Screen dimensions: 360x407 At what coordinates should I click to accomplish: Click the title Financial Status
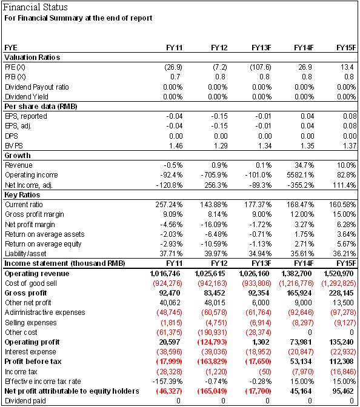click(x=35, y=7)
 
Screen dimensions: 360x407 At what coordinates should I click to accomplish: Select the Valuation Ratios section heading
click(x=32, y=58)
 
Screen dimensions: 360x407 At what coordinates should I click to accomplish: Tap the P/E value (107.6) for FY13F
click(x=261, y=67)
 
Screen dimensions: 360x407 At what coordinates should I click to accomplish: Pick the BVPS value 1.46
click(x=176, y=146)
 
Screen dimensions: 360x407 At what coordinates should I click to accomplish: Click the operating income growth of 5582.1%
click(x=300, y=175)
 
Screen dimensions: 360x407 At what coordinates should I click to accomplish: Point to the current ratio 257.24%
click(x=169, y=205)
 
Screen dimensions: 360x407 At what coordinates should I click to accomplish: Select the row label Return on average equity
click(x=43, y=244)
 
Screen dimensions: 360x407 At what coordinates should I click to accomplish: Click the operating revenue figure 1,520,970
click(x=338, y=274)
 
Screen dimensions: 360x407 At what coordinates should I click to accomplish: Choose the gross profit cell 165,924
click(x=299, y=293)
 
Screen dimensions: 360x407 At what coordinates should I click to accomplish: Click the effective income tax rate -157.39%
click(x=167, y=382)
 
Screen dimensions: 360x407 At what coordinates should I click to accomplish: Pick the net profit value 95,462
click(x=343, y=391)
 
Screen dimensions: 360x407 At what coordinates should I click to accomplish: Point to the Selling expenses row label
click(x=31, y=323)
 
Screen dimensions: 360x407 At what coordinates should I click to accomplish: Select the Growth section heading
click(x=18, y=156)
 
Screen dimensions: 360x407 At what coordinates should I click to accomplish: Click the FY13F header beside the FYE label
click(x=261, y=48)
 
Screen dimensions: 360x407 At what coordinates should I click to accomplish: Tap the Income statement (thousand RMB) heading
click(x=65, y=263)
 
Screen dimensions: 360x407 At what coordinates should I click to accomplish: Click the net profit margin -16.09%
click(x=214, y=225)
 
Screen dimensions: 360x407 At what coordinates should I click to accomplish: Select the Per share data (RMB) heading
click(x=41, y=107)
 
